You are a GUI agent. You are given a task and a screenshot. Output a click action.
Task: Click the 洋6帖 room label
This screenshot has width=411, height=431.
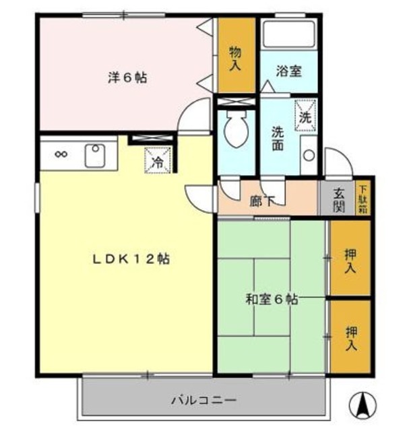click(x=127, y=77)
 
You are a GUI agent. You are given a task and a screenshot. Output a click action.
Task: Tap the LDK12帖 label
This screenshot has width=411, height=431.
click(x=131, y=258)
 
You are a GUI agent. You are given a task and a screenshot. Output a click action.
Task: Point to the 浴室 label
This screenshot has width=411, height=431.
click(x=290, y=71)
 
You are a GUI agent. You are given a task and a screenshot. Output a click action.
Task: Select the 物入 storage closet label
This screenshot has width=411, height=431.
click(x=236, y=57)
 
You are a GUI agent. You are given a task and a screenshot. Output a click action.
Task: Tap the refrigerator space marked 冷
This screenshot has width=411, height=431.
click(x=158, y=160)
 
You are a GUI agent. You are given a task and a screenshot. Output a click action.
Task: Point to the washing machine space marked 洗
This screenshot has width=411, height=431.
click(x=305, y=114)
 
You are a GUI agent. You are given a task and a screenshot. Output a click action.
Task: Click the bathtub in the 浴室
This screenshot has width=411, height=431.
click(x=289, y=33)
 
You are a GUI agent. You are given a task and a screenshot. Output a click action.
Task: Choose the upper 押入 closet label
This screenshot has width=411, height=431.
click(x=350, y=261)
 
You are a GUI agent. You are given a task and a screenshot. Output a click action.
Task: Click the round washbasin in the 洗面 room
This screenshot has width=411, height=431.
click(x=308, y=155)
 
